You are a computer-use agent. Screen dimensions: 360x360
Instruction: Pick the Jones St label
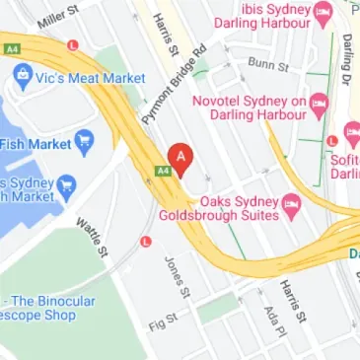point(175,277)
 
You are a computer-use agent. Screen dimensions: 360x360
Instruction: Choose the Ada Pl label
point(271,318)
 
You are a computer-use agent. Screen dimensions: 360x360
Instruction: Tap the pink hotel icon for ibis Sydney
point(322,15)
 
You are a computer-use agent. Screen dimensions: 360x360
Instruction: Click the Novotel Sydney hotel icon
point(319,103)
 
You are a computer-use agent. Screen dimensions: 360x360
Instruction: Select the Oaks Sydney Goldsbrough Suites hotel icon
point(291,206)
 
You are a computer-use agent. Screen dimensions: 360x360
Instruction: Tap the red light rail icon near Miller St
point(72,45)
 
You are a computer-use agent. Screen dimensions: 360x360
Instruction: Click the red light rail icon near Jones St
point(147,241)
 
